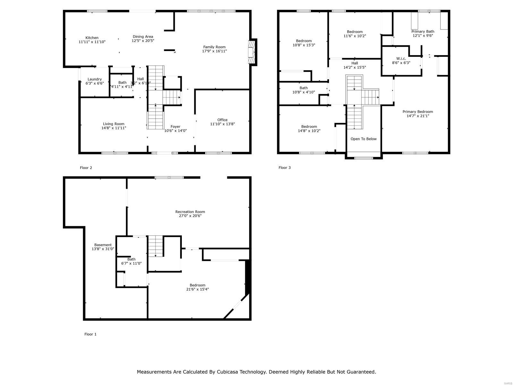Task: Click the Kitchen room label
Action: pyautogui.click(x=92, y=38)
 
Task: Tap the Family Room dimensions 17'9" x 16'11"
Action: pyautogui.click(x=214, y=51)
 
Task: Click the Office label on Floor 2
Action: pyautogui.click(x=222, y=120)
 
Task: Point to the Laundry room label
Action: pyautogui.click(x=95, y=79)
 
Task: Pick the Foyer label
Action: pyautogui.click(x=175, y=126)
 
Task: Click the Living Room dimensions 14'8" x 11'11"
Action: pyautogui.click(x=114, y=128)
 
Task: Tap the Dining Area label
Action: pyautogui.click(x=143, y=37)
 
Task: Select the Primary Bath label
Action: pyautogui.click(x=423, y=31)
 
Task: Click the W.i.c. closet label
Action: pyautogui.click(x=401, y=58)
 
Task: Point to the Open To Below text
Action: pyautogui.click(x=363, y=139)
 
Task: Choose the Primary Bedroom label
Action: pyautogui.click(x=417, y=112)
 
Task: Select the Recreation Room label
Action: pyautogui.click(x=190, y=211)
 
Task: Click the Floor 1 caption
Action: pyautogui.click(x=90, y=334)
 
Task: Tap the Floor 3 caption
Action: pyautogui.click(x=284, y=167)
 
